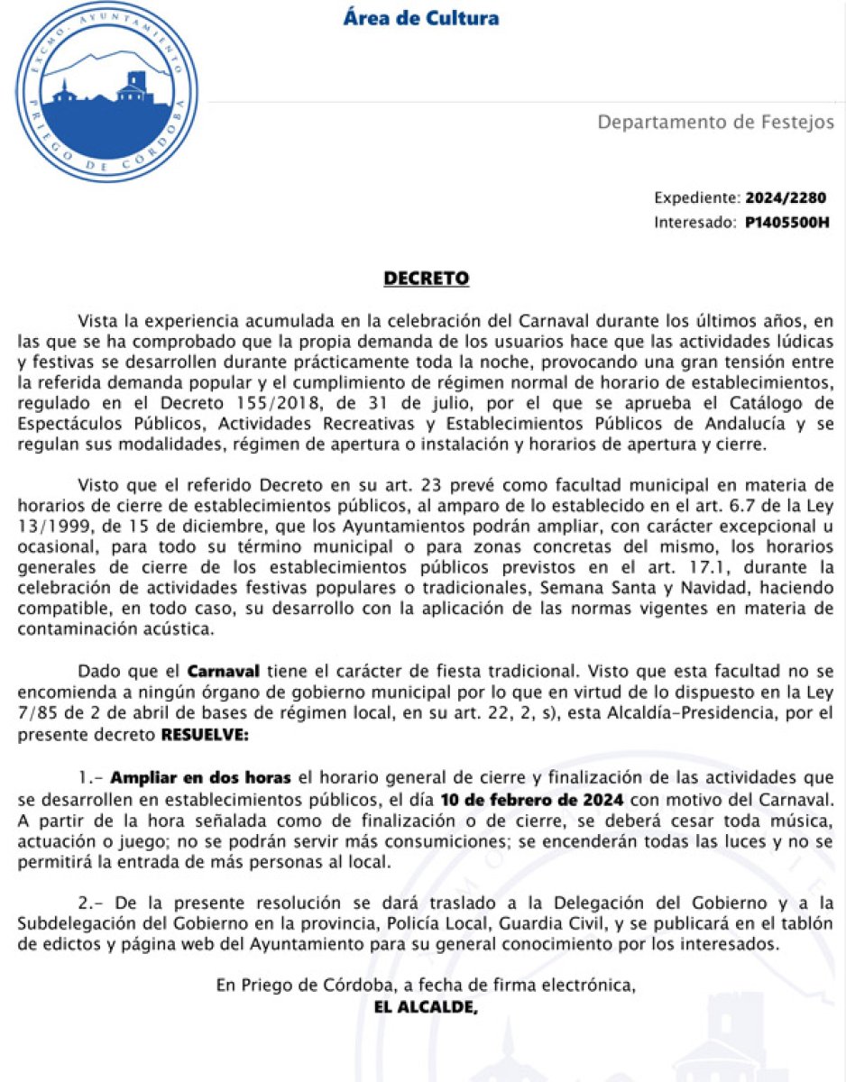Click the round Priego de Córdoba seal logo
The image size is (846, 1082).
(106, 93)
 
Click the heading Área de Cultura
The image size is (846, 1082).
(420, 18)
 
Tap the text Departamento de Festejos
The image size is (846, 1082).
(716, 122)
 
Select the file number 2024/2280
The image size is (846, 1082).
(785, 198)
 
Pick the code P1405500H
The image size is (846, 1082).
(786, 222)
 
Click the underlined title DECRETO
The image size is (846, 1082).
(427, 279)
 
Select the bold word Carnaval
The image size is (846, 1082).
(224, 672)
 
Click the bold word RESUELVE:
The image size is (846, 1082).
(204, 735)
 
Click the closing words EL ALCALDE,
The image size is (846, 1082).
(424, 1006)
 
